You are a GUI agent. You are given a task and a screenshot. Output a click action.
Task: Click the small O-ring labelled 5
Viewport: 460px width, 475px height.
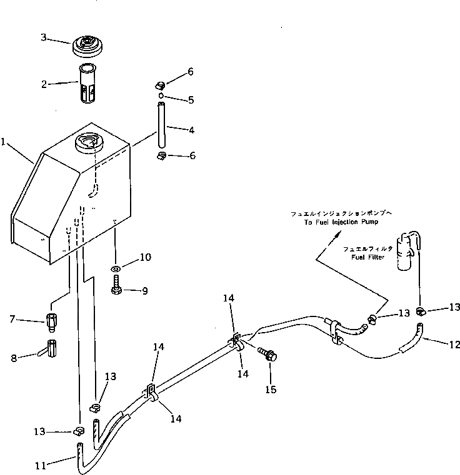(161, 95)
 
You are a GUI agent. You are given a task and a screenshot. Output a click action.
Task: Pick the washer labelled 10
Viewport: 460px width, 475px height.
(116, 269)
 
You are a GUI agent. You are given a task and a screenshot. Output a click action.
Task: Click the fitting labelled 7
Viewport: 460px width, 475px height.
(52, 321)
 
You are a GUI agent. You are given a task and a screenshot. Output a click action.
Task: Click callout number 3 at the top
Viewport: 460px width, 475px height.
(44, 37)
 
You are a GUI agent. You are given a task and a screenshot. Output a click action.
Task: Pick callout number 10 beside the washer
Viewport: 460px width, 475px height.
(145, 257)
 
